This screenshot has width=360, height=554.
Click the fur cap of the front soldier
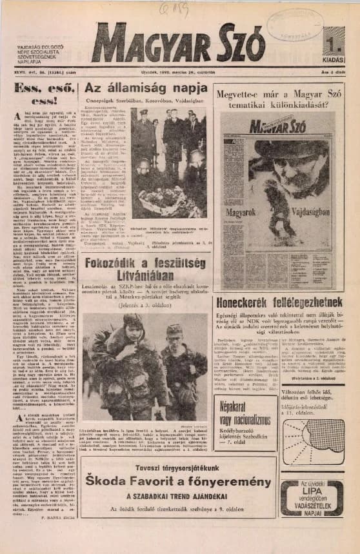point(134,320)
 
